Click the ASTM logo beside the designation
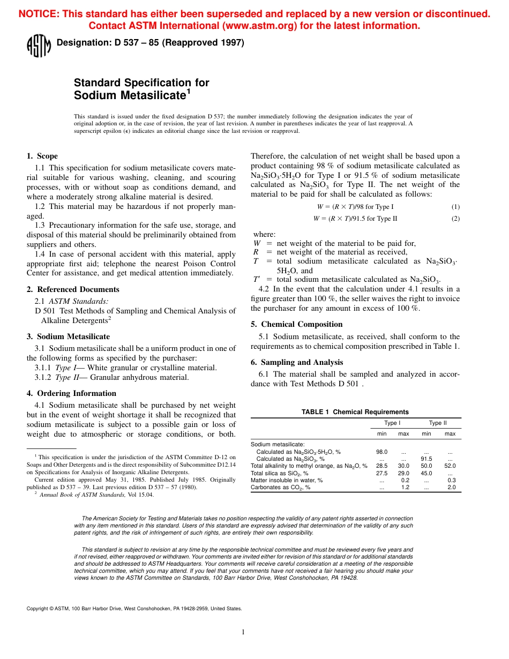[x=39, y=46]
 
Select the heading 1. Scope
[x=42, y=156]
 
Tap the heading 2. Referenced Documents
[x=73, y=289]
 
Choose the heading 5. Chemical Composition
[x=296, y=324]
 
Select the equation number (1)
[x=455, y=207]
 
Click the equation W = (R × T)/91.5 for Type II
[x=355, y=218]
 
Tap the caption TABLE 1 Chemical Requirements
[x=355, y=412]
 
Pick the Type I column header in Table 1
[x=392, y=423]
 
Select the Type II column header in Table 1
[x=438, y=423]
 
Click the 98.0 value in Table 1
[x=381, y=452]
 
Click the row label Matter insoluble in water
[x=287, y=481]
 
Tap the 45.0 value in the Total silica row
[x=426, y=474]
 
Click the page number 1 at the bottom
[x=243, y=632]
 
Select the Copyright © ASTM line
[x=134, y=608]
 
